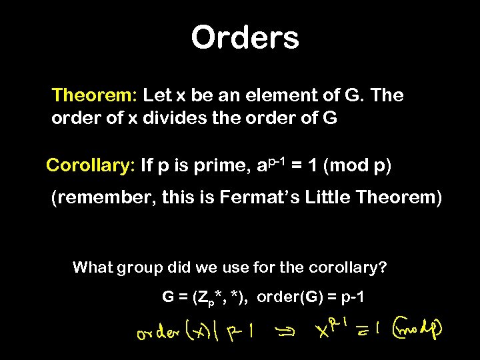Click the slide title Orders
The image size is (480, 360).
pos(245,37)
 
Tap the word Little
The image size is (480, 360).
pos(329,198)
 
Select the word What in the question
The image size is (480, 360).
pos(93,268)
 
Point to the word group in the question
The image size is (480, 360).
pos(139,268)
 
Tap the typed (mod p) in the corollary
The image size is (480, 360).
pos(357,166)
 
